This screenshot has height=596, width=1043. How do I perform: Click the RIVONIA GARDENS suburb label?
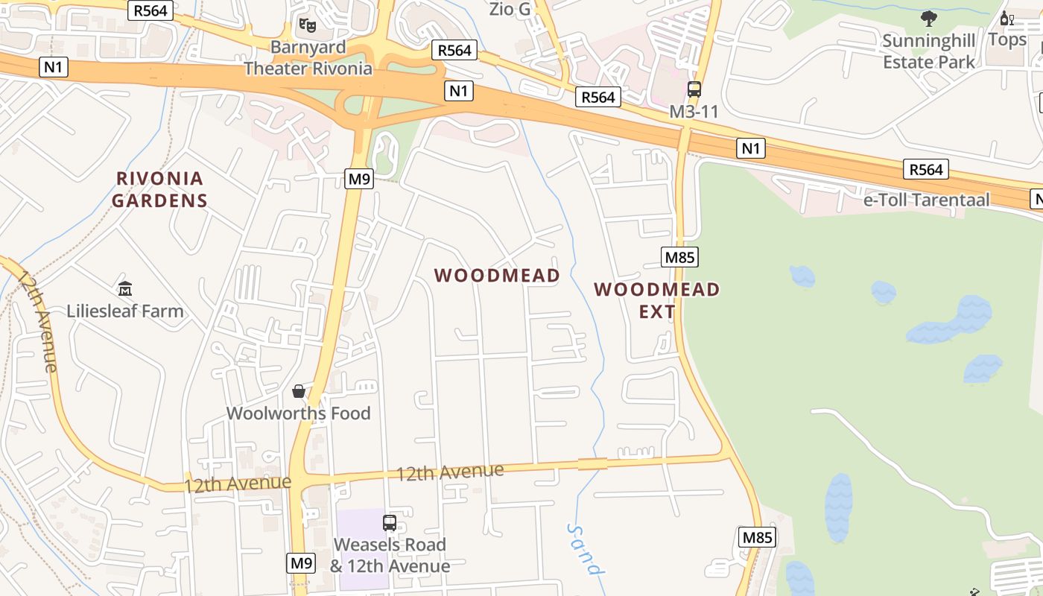(x=160, y=189)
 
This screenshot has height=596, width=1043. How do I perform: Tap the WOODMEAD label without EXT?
(x=497, y=276)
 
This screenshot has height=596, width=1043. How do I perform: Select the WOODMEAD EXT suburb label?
(x=657, y=300)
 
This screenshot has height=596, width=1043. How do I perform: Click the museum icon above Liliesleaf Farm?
(x=125, y=288)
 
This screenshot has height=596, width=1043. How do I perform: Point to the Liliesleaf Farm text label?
(x=125, y=311)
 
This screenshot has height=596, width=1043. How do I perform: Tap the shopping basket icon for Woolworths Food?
(x=299, y=391)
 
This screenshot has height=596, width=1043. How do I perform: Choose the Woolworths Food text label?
(x=298, y=413)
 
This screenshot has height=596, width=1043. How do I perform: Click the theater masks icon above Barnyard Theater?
(x=308, y=25)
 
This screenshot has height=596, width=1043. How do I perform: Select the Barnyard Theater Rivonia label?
(x=308, y=58)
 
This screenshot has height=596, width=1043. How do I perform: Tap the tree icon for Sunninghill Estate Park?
(x=928, y=18)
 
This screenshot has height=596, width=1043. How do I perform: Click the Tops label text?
(x=1007, y=39)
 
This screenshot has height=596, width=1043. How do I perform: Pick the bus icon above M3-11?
(x=694, y=89)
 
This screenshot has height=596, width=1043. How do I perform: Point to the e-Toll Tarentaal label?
(x=927, y=200)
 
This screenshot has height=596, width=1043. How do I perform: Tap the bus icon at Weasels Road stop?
(x=390, y=523)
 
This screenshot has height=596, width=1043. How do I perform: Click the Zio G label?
(x=510, y=9)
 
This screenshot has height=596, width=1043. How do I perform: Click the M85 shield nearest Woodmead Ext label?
(x=679, y=258)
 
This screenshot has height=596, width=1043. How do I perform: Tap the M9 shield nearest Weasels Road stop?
(x=302, y=562)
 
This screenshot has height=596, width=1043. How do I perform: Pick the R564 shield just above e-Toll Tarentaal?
(x=926, y=170)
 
